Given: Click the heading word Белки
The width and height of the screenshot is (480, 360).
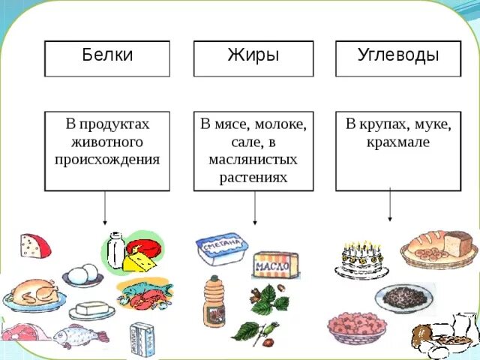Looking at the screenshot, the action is tap(107, 55).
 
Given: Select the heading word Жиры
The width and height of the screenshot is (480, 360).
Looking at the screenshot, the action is tap(253, 55).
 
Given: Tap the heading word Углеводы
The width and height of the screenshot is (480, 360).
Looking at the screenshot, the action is tap(397, 55).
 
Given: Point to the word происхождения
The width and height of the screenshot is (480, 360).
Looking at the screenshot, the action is tap(107, 159).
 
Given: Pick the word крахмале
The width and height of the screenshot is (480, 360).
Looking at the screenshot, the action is tap(388, 142).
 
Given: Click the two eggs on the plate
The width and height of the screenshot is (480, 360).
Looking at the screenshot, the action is tap(82, 274).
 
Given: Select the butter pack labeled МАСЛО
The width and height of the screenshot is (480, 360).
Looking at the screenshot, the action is tap(275, 265).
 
